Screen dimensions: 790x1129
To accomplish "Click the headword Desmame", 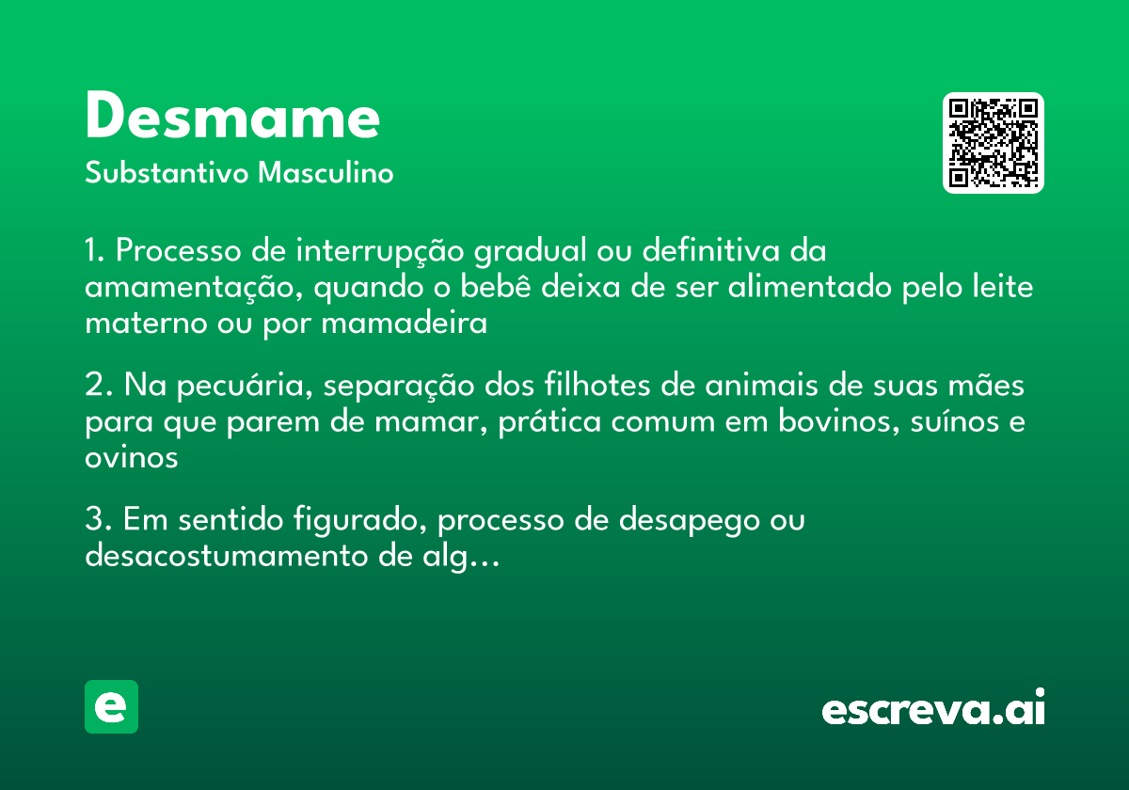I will (232, 118).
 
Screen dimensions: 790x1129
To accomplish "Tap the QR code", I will (994, 143).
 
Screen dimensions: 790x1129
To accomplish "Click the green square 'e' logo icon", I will (111, 706).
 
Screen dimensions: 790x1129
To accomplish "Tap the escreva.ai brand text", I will (933, 710).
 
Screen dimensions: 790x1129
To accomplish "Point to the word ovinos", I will (131, 458).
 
